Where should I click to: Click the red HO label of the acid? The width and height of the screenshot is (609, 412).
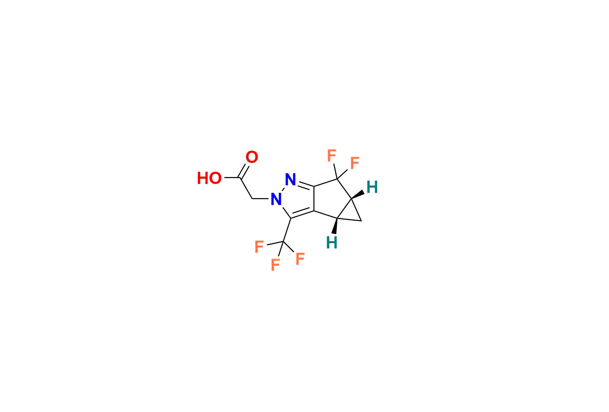[209, 178]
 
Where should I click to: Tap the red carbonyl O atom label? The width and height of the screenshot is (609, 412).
[251, 157]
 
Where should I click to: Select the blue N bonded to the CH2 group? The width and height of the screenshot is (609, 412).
[276, 199]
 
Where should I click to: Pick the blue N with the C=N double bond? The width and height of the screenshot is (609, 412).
[290, 179]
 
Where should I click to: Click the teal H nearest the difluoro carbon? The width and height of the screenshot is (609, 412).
[372, 187]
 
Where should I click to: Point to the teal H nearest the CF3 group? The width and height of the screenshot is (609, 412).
[332, 243]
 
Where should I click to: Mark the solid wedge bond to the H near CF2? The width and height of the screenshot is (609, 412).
[358, 195]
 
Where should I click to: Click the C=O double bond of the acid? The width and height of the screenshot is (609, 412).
[244, 171]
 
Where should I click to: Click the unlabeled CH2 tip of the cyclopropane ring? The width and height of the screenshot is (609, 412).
[361, 221]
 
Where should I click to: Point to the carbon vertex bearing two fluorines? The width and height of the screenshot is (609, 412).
[337, 179]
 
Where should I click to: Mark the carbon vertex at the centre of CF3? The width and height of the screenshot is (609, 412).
[283, 241]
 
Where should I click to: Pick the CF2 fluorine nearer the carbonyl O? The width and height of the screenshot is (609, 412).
[332, 156]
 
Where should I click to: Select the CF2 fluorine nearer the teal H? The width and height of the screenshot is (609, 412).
[355, 163]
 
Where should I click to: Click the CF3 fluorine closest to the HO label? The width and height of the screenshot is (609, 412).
[259, 247]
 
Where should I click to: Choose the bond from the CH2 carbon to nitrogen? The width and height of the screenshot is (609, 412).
[260, 199]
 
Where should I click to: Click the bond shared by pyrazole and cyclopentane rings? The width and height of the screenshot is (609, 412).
[314, 199]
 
